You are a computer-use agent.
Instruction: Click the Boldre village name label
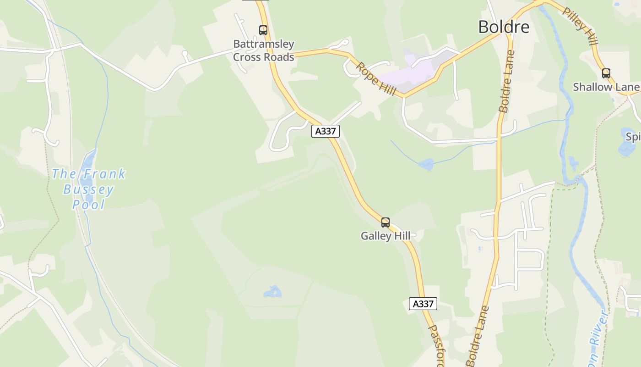click(x=504, y=27)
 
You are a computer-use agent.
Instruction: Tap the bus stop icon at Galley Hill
click(x=386, y=222)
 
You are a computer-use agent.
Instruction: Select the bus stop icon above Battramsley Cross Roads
click(x=263, y=30)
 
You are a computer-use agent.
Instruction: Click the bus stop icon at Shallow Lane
click(x=606, y=73)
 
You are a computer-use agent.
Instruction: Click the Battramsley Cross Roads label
click(x=264, y=50)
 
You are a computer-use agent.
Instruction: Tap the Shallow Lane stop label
click(x=606, y=87)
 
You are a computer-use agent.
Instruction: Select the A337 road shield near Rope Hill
click(x=326, y=131)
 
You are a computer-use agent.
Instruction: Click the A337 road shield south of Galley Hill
click(x=423, y=304)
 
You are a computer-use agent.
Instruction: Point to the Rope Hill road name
click(x=376, y=79)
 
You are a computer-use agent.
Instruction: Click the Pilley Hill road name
click(x=581, y=26)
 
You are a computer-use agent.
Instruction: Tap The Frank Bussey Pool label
click(x=88, y=189)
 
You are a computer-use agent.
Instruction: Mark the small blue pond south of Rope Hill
click(x=425, y=164)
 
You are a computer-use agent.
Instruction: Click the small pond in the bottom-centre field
click(x=272, y=292)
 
